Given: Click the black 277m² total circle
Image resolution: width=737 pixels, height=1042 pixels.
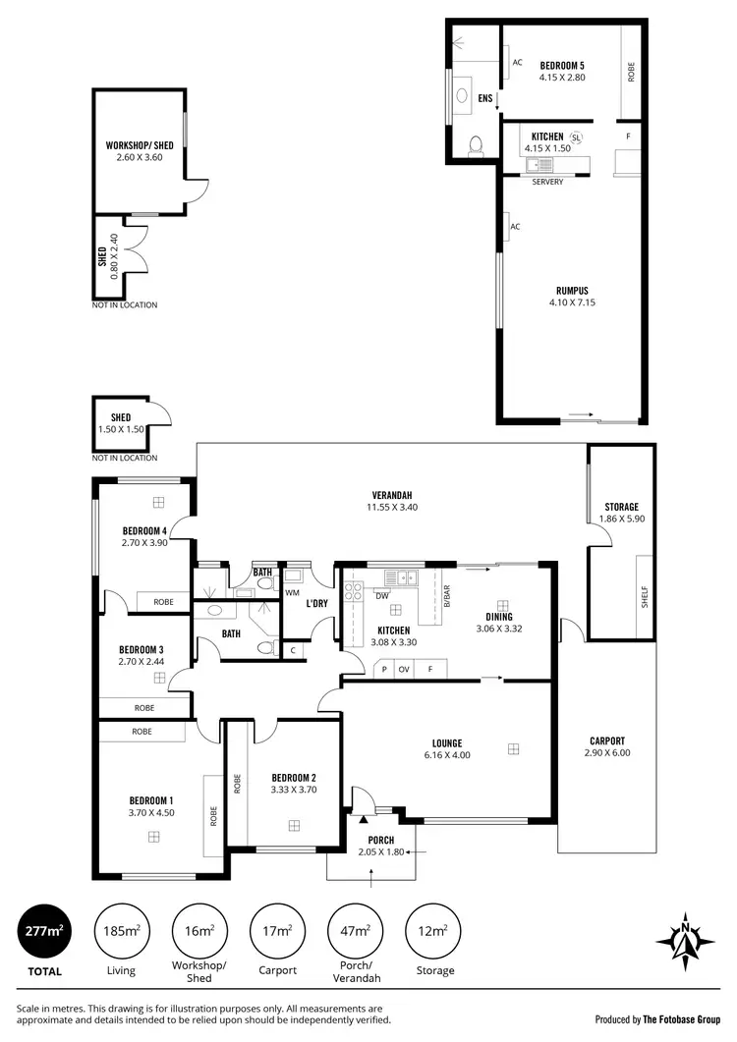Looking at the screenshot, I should (46, 930).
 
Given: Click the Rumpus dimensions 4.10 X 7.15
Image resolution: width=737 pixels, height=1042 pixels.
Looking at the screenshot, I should (572, 302).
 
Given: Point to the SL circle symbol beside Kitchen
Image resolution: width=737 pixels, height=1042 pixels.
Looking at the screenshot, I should (576, 137).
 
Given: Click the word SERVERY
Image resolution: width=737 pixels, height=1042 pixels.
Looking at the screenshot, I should (547, 182).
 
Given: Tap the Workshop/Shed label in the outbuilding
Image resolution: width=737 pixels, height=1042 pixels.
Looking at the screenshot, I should (139, 145).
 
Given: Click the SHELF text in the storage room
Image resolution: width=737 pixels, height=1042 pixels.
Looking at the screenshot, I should (645, 597).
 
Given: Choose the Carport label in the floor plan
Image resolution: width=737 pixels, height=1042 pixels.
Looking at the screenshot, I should (606, 741).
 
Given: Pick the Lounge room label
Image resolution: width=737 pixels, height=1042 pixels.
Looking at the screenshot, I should (446, 743).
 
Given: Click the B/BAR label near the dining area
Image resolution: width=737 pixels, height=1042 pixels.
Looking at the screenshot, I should (447, 597).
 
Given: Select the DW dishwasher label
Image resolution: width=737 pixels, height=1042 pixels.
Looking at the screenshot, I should (381, 595).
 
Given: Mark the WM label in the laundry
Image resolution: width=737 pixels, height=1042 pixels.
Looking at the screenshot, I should (292, 593).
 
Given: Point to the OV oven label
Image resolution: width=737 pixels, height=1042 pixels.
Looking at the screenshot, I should (403, 671).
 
